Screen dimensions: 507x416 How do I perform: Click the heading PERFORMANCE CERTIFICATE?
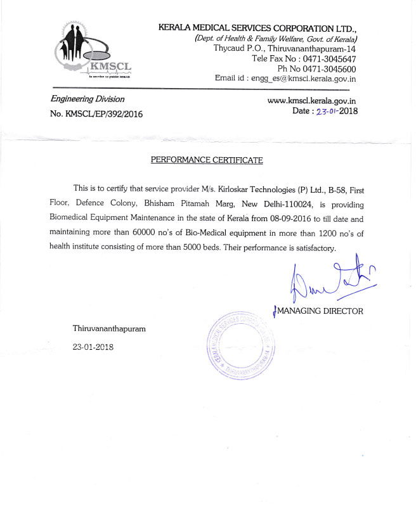click(206, 160)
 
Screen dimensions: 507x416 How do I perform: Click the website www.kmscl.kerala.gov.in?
click(311, 100)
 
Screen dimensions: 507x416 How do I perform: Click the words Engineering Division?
click(88, 99)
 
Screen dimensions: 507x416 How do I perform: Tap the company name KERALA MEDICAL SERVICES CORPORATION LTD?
click(257, 29)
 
